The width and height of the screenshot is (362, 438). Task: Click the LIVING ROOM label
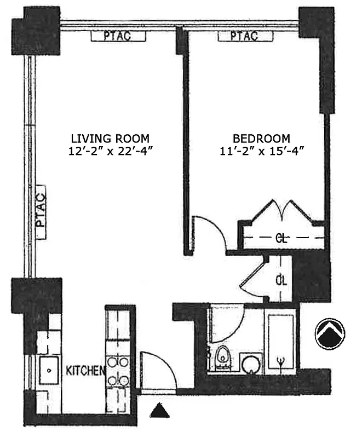pos(110,138)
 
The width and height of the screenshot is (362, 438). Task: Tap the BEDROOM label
pos(261,138)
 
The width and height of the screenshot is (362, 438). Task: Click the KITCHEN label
pos(85,371)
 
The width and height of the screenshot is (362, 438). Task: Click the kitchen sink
pos(50,371)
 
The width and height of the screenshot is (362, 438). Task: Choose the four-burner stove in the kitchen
pos(118,371)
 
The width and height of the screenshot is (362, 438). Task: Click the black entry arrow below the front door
pos(159,410)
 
